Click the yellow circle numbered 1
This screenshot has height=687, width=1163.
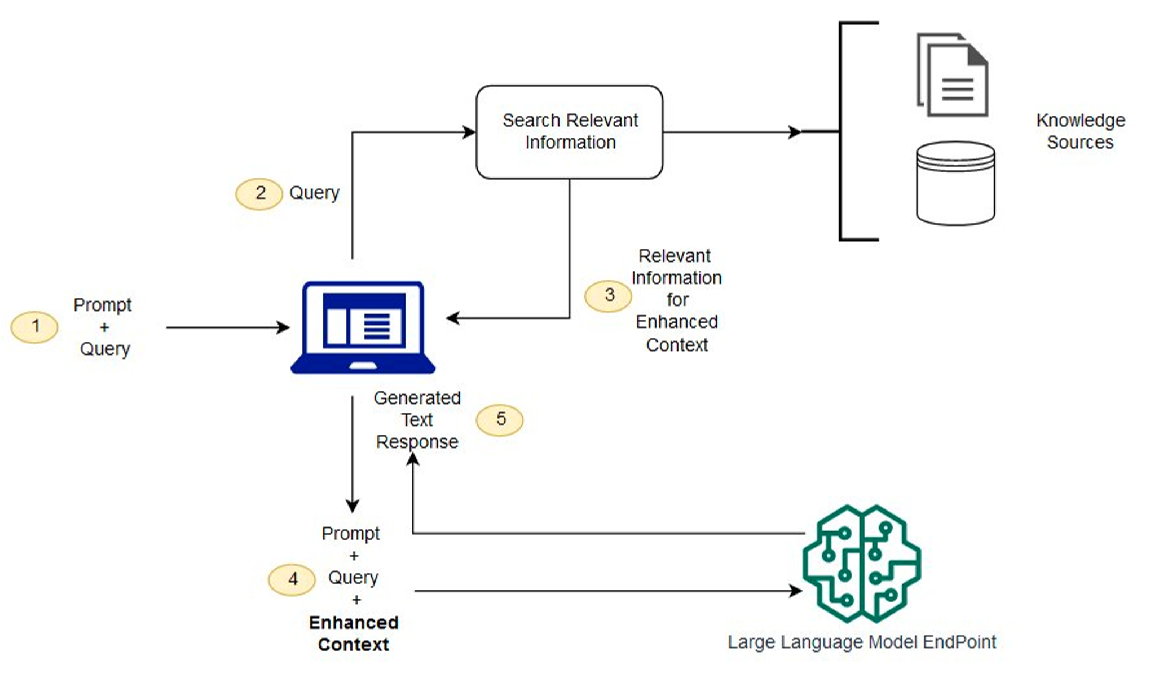34,327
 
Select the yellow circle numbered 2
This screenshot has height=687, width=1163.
259,194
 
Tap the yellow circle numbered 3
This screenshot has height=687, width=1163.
608,295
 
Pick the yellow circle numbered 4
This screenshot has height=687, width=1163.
292,579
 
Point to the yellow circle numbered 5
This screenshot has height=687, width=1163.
500,420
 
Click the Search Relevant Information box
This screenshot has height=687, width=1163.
569,132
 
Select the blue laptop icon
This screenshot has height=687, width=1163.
363,328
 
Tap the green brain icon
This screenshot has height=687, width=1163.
861,564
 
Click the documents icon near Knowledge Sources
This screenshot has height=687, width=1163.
952,75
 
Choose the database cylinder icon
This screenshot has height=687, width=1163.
955,183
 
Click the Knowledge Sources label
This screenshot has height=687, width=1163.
1080,131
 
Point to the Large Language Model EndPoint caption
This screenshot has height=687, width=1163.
861,642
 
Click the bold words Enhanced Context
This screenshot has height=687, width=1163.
354,633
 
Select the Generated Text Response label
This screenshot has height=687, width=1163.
417,420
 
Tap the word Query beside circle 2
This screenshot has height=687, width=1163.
314,193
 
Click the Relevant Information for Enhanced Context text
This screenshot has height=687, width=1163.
676,300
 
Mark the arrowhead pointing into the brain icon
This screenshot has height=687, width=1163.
796,591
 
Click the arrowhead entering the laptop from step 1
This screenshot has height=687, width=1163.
283,327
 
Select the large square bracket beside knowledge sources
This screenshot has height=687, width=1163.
842,131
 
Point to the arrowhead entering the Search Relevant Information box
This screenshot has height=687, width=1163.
469,132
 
